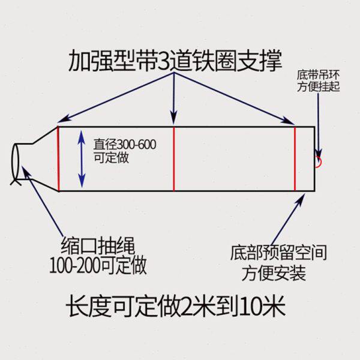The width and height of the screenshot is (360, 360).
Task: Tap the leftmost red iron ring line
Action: tap(58, 158)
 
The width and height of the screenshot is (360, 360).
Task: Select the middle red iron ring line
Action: tap(173, 158)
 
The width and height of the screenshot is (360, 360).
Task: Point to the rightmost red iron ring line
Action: tap(295, 158)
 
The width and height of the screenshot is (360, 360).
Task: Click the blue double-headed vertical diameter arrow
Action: tap(82, 158)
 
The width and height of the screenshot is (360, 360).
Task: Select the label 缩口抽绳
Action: tap(99, 245)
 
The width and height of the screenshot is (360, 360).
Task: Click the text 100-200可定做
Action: tap(100, 264)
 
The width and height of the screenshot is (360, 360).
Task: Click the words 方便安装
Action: tap(275, 274)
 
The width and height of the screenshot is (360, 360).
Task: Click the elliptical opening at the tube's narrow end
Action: tap(16, 162)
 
